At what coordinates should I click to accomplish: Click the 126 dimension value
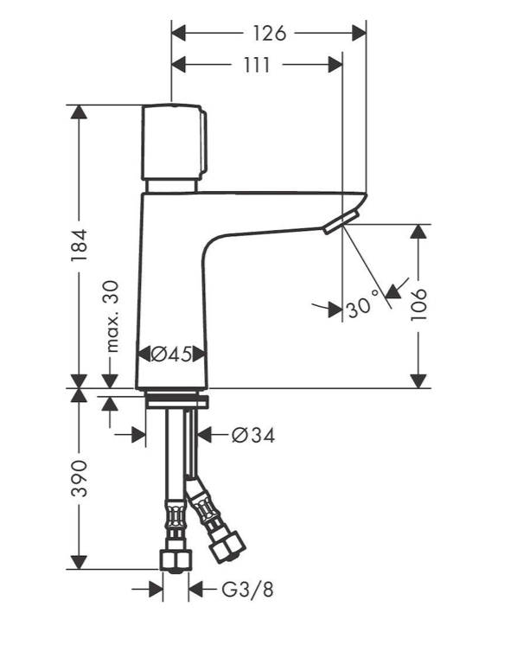click(269, 34)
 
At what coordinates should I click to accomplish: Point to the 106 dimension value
click(419, 304)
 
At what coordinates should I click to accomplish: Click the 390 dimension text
click(80, 478)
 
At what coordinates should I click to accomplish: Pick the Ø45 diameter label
click(172, 354)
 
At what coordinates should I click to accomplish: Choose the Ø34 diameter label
click(252, 436)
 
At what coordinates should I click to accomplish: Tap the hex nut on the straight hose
click(176, 560)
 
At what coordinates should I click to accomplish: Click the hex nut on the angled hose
click(231, 541)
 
